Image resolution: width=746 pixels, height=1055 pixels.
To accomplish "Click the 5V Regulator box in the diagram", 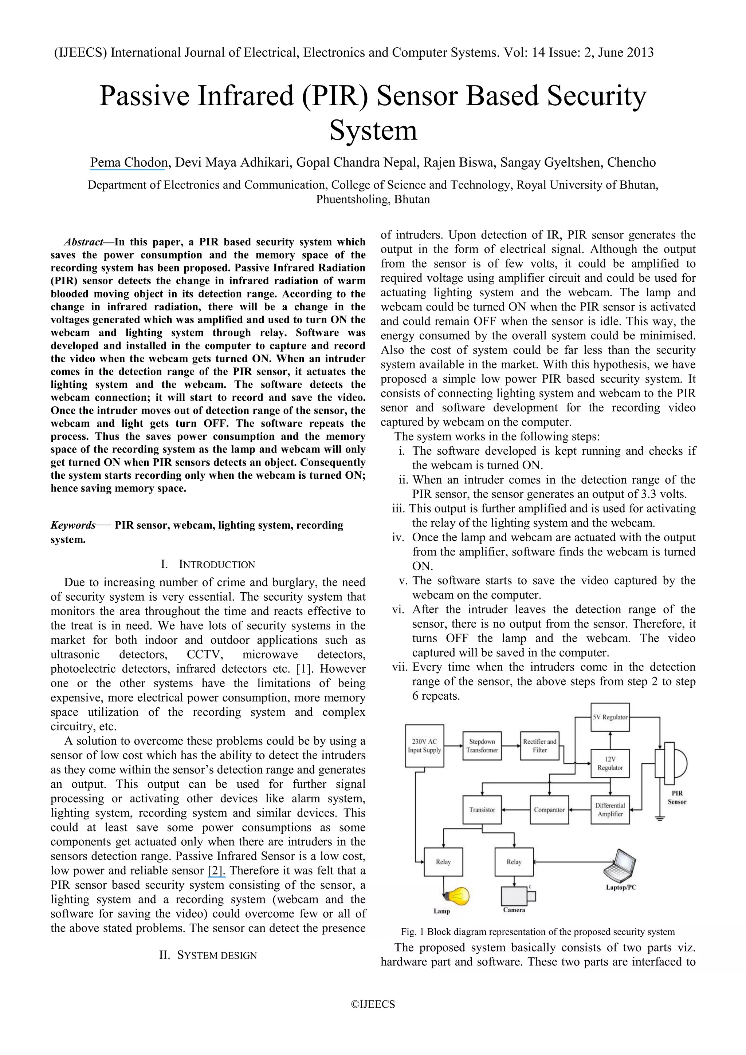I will pos(609,717).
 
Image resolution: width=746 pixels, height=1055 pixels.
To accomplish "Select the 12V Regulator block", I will pos(609,764).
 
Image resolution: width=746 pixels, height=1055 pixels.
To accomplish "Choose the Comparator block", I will pos(549,810).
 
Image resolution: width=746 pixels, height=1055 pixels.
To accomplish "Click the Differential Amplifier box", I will pos(609,810).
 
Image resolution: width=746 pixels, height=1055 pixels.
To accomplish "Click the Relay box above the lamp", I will pos(443,862).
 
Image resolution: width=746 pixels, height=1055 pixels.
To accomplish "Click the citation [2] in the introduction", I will pos(216,870).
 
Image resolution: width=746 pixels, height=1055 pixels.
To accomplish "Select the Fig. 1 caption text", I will pos(538,932).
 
